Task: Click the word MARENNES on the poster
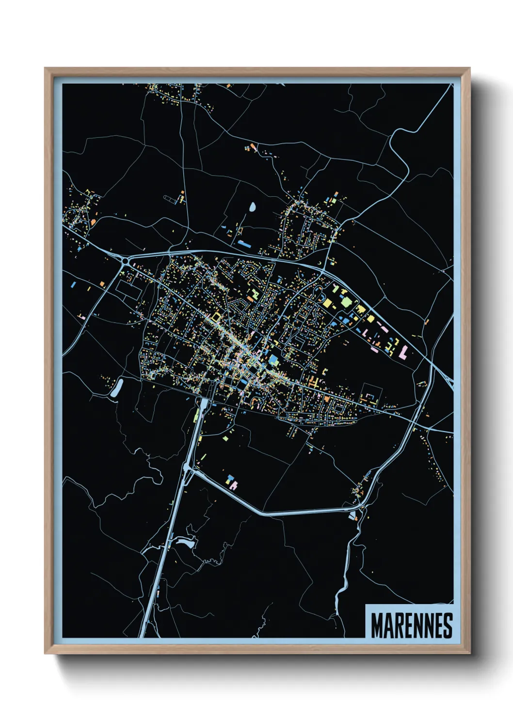pyautogui.click(x=412, y=625)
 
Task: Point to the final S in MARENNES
pyautogui.click(x=448, y=625)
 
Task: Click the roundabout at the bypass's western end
pyautogui.click(x=126, y=261)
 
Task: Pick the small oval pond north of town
pyautogui.click(x=253, y=207)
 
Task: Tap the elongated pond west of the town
pyautogui.click(x=117, y=388)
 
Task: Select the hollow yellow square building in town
pyautogui.click(x=215, y=316)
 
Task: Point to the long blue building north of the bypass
pyautogui.click(x=244, y=244)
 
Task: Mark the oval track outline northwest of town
pyautogui.click(x=170, y=199)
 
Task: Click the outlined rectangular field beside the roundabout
pyautogui.click(x=128, y=290)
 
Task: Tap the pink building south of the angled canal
pyautogui.click(x=233, y=483)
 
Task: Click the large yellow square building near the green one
pyautogui.click(x=328, y=303)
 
